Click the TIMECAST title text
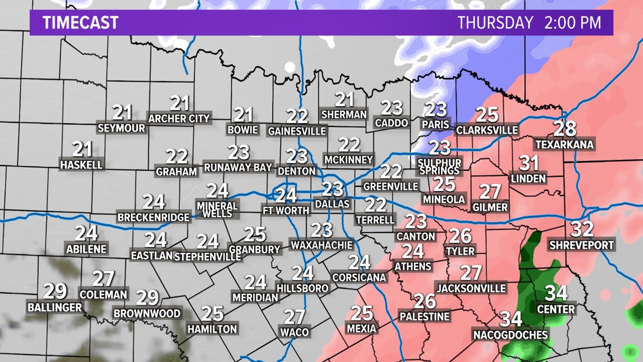80,23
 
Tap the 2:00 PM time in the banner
572,23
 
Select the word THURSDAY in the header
495,23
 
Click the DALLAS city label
332,204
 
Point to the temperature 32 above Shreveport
582,229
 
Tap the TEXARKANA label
564,144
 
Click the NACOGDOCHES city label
510,335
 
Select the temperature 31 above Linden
529,163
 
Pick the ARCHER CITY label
179,118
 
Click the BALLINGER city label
55,307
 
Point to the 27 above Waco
294,317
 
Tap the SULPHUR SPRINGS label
439,167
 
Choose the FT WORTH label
286,210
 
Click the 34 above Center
556,293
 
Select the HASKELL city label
81,165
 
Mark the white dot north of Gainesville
290,67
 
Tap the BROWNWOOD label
147,313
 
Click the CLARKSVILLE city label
487,130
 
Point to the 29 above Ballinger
55,291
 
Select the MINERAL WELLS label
217,209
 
